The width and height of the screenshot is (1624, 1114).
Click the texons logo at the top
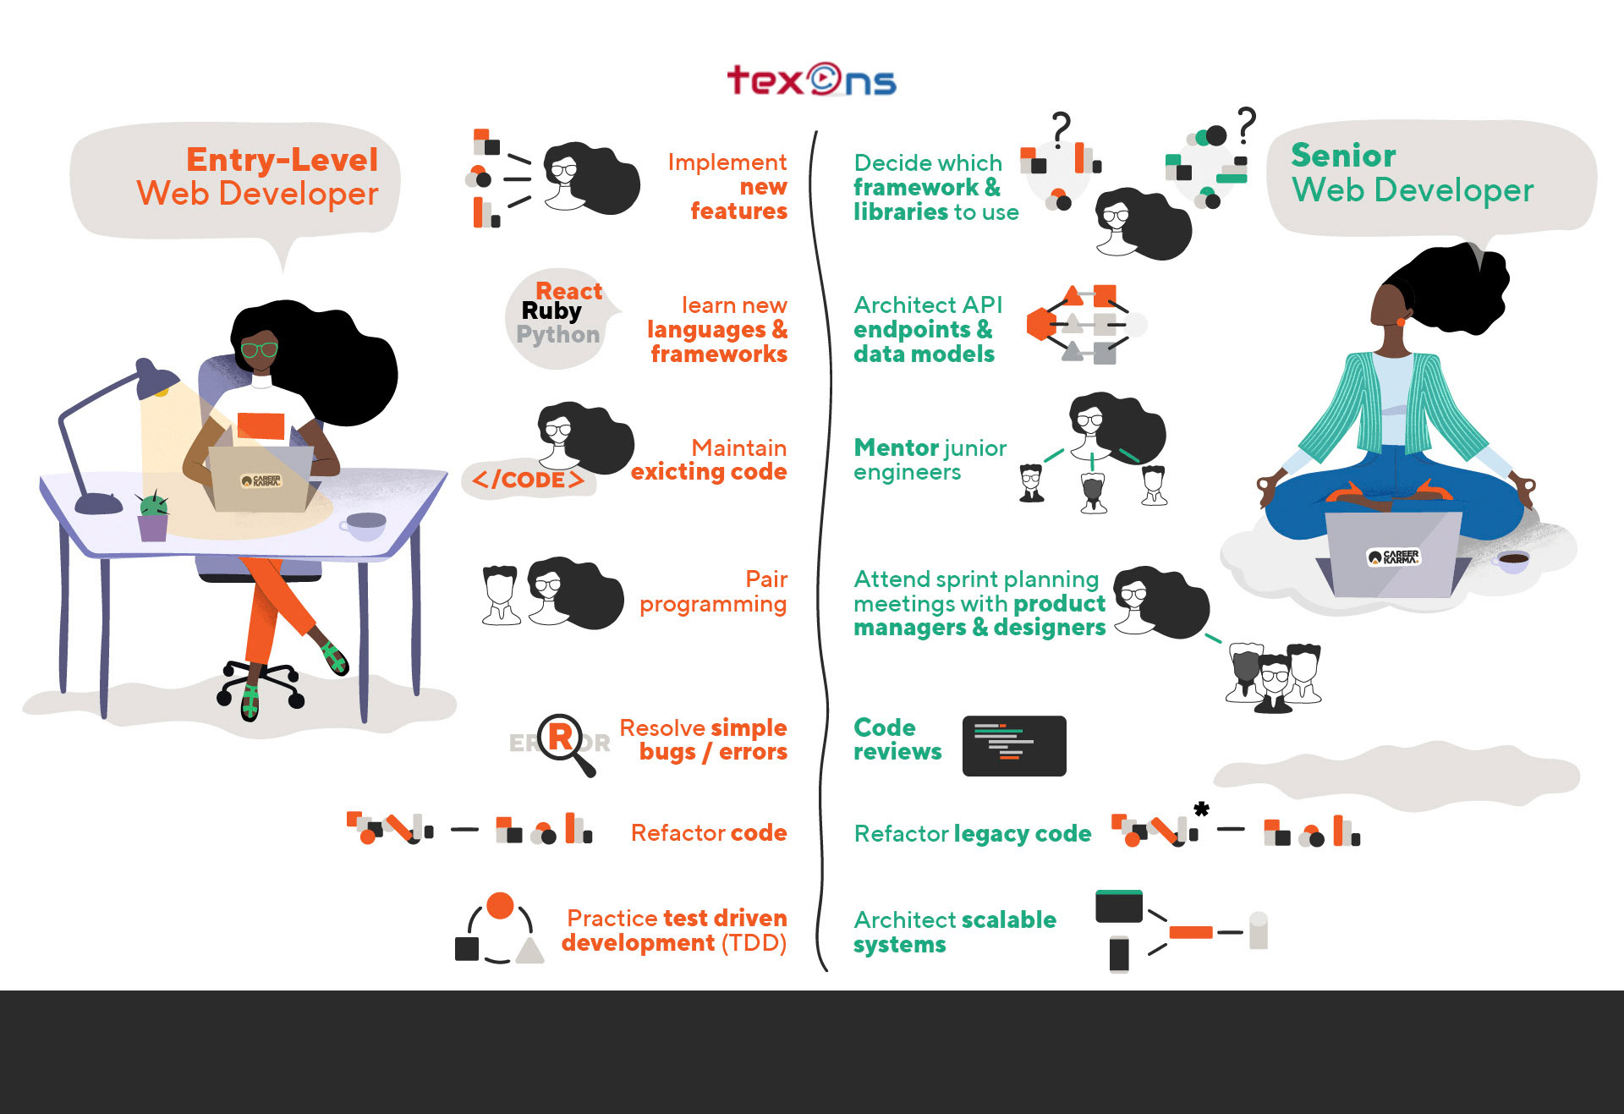click(x=811, y=80)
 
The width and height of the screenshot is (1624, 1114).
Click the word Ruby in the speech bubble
click(x=551, y=312)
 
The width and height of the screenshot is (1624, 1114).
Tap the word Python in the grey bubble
click(x=558, y=335)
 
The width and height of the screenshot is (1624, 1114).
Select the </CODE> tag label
click(x=529, y=480)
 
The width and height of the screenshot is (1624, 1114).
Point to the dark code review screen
click(x=1014, y=746)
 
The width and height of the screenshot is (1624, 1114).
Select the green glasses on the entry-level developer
click(x=259, y=349)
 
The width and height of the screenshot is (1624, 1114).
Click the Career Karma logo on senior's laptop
click(x=1394, y=557)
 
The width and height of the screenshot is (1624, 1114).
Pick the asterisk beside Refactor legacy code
click(x=1201, y=809)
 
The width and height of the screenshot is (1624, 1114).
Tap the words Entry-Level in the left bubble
click(x=283, y=160)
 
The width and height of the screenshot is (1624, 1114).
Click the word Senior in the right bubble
click(x=1343, y=156)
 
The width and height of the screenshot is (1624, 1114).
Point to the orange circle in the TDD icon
click(x=500, y=905)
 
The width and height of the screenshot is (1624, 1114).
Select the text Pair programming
click(x=713, y=591)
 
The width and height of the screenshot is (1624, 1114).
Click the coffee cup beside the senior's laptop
click(x=1513, y=561)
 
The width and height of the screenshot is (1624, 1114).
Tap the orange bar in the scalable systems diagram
click(x=1191, y=932)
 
